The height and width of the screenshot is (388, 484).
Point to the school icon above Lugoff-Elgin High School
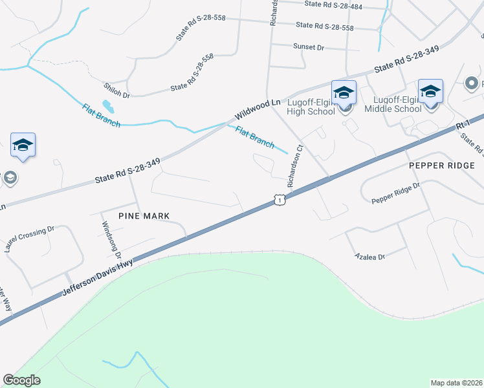pyautogui.click(x=344, y=92)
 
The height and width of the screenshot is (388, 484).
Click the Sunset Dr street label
pyautogui.click(x=308, y=47)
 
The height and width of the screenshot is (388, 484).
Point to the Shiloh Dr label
pyautogui.click(x=116, y=90)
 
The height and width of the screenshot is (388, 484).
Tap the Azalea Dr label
pyautogui.click(x=370, y=257)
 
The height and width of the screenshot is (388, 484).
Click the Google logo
pyautogui.click(x=21, y=380)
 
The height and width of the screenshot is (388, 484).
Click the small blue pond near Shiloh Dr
pyautogui.click(x=107, y=104)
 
